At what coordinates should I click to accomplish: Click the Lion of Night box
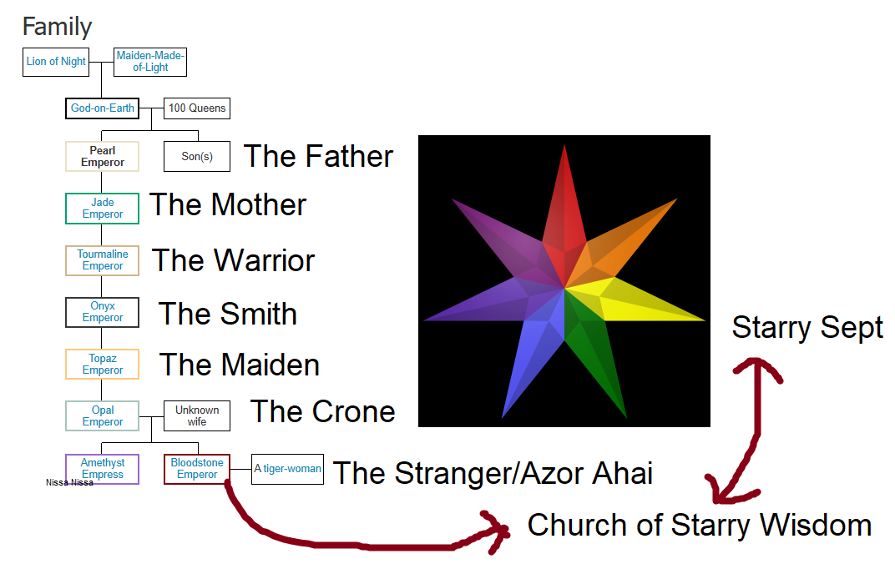click(x=56, y=62)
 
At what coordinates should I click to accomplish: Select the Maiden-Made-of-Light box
click(x=150, y=62)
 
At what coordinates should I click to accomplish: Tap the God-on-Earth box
click(x=102, y=108)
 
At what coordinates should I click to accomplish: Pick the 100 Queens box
click(x=197, y=108)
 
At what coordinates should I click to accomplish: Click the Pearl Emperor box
click(x=102, y=156)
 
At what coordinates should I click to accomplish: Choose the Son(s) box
click(x=197, y=156)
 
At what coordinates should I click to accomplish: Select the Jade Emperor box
click(x=102, y=209)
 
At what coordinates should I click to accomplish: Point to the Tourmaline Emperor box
click(x=102, y=260)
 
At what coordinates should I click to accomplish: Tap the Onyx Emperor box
click(x=102, y=312)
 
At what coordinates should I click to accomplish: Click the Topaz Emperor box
click(x=102, y=364)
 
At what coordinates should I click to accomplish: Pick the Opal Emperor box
click(x=102, y=415)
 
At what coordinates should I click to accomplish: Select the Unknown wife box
click(x=197, y=415)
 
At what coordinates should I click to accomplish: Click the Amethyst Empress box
click(x=102, y=469)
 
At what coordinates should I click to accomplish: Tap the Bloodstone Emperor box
click(x=197, y=469)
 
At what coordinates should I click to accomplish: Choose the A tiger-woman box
click(x=288, y=469)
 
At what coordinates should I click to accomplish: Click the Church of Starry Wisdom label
click(x=700, y=525)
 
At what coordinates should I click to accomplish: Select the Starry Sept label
click(x=807, y=328)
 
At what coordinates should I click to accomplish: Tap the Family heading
click(x=57, y=27)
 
